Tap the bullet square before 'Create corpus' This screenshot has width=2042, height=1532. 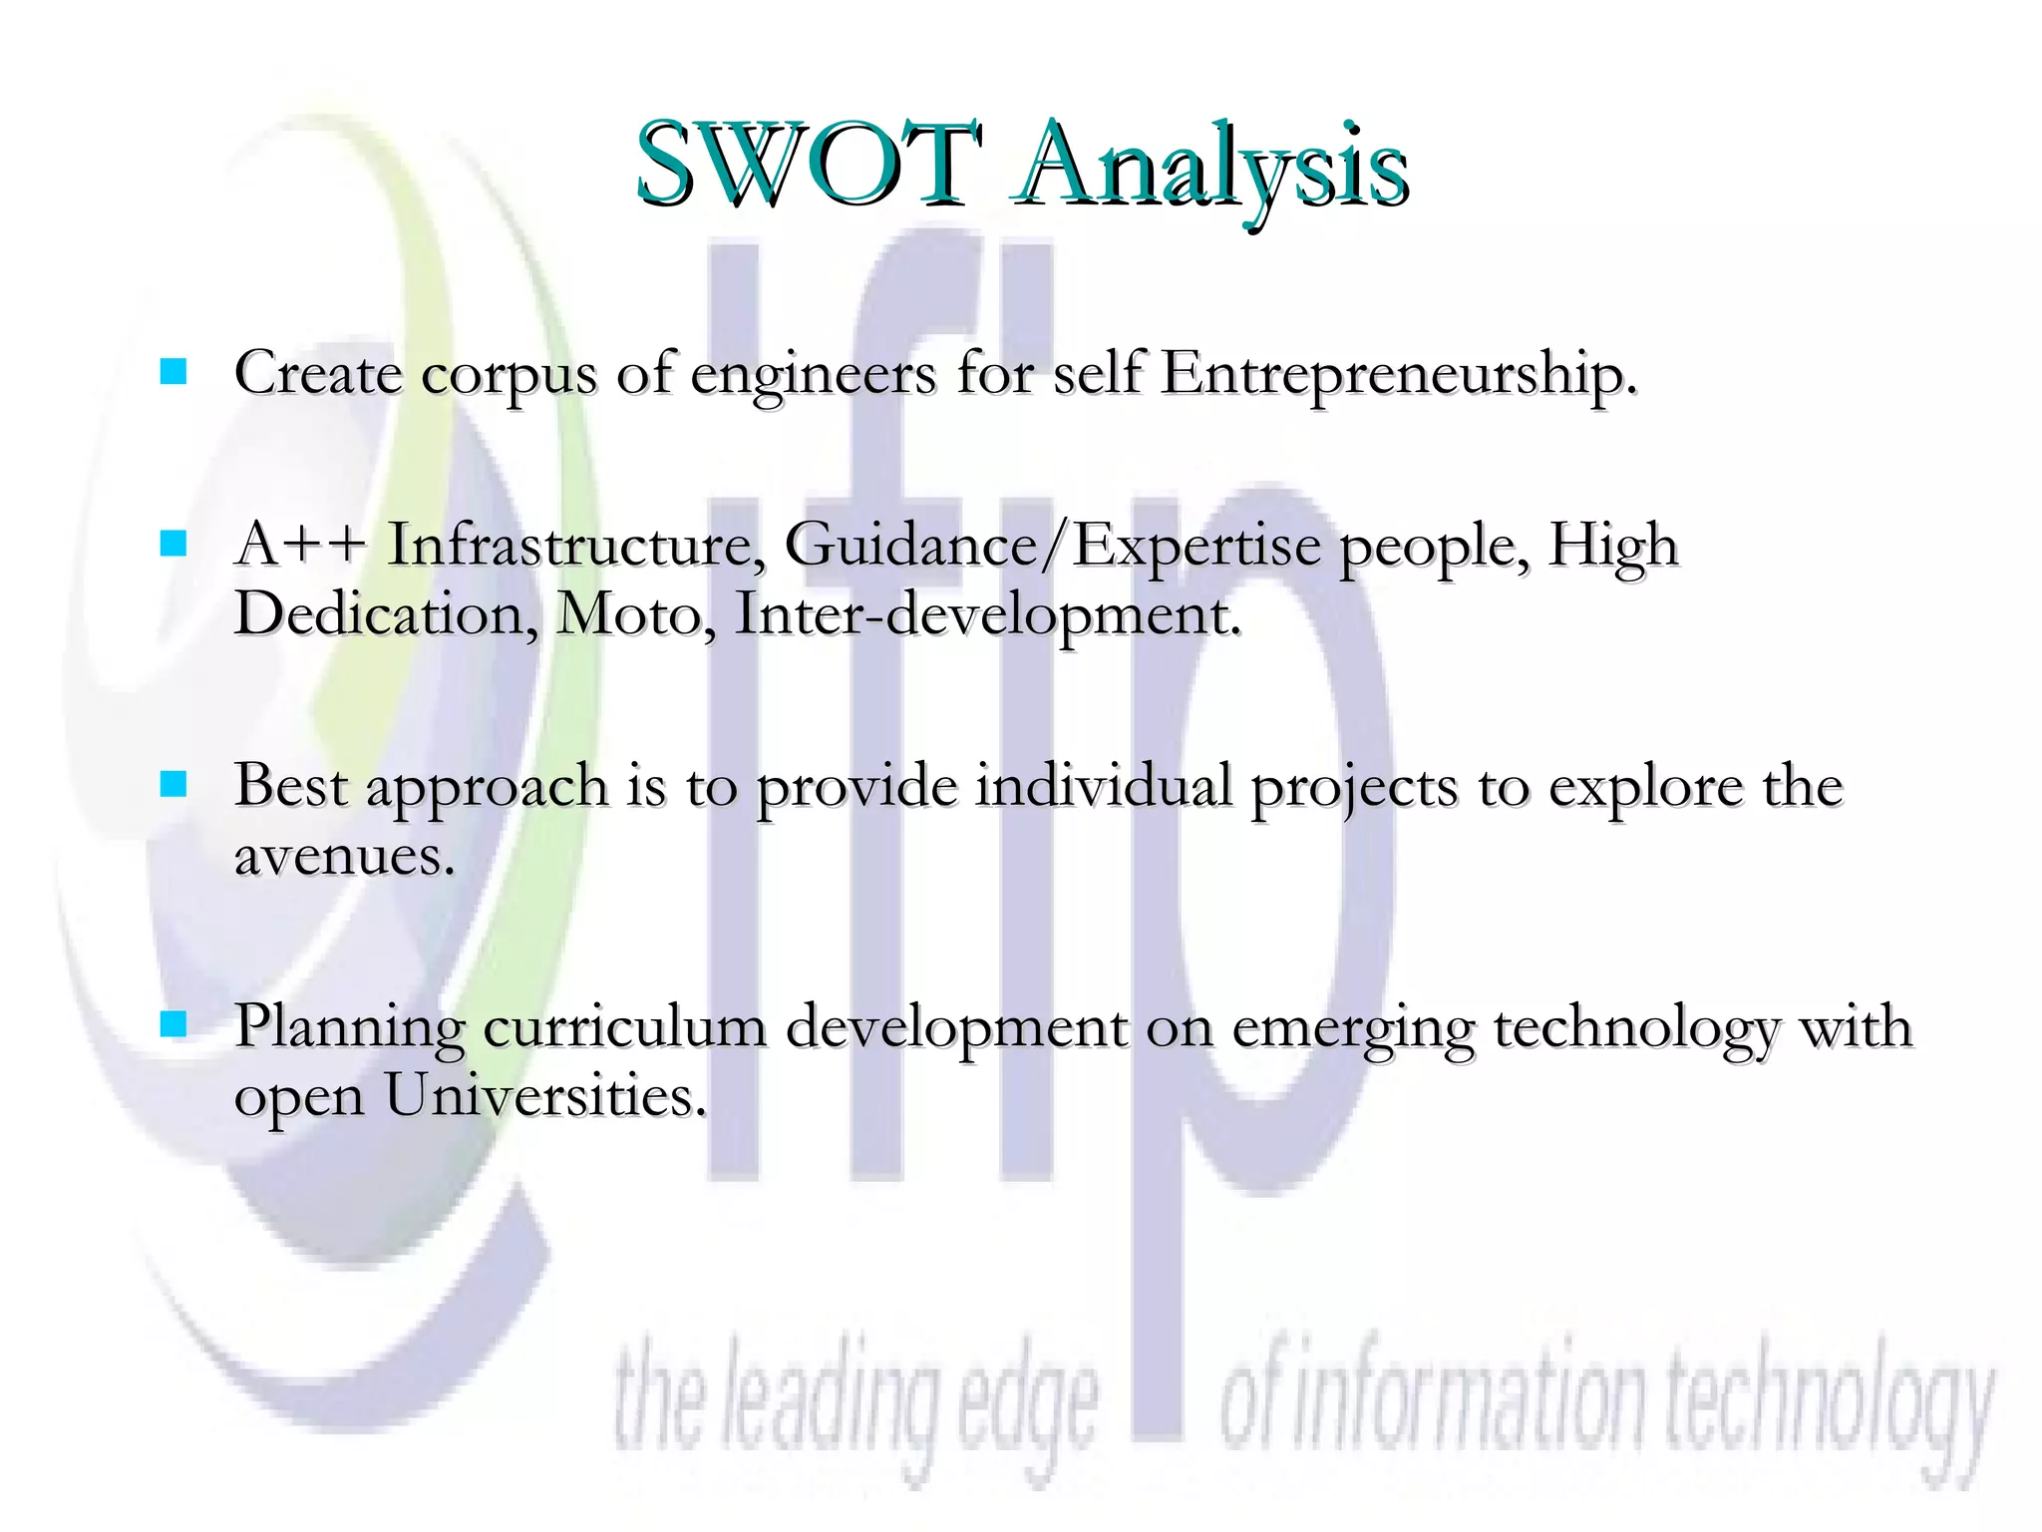click(173, 372)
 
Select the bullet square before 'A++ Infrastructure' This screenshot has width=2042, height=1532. click(173, 544)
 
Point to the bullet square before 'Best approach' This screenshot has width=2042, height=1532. click(173, 785)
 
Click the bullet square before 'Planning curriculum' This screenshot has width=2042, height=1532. click(173, 1024)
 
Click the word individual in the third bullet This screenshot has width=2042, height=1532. click(1104, 786)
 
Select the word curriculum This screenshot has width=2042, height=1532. click(625, 1027)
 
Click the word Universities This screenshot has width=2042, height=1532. click(545, 1097)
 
